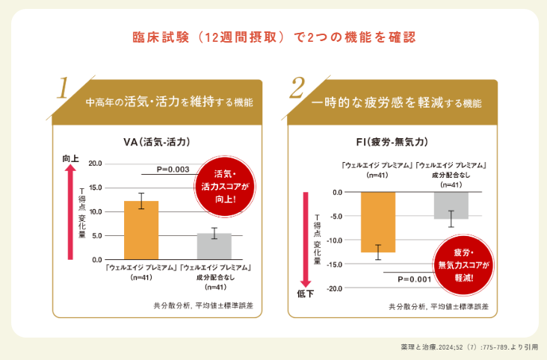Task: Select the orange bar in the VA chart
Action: coord(140,229)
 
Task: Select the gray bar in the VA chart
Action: coord(214,246)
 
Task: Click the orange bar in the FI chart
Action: coord(377,222)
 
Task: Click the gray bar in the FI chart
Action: coord(451,205)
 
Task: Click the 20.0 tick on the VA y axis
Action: coord(95,163)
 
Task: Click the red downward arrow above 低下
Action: coord(306,239)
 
